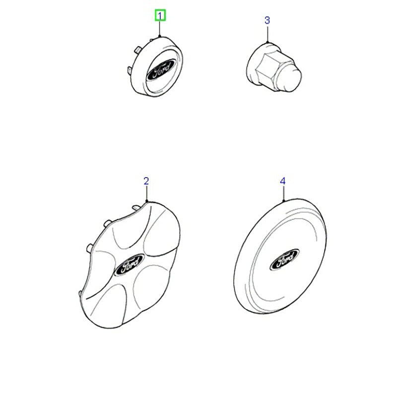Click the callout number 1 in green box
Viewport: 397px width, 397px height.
[x=160, y=16]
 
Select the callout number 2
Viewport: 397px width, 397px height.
[x=146, y=181]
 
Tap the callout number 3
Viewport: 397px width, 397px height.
[x=267, y=20]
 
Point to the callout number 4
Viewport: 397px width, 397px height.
[x=282, y=181]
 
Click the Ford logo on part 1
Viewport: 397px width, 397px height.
[x=161, y=69]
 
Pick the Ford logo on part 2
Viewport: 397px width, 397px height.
[x=129, y=265]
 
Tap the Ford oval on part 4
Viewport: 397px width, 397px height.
[x=284, y=260]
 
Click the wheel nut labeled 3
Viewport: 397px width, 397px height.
[x=274, y=67]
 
